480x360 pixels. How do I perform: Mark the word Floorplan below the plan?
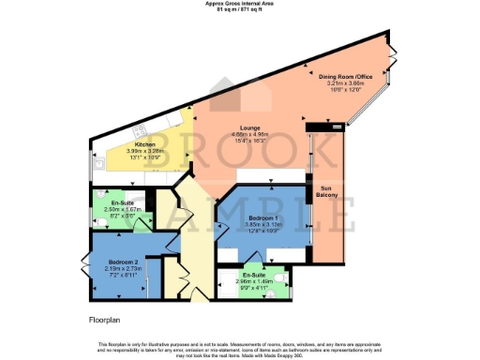[95, 321]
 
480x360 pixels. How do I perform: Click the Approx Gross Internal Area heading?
[239, 4]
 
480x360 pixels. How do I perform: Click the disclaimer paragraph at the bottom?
[239, 348]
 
